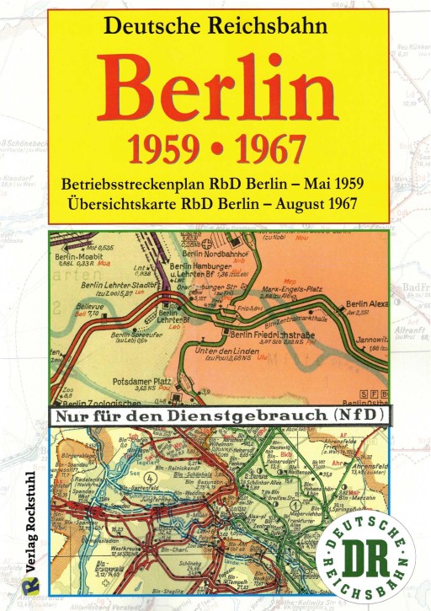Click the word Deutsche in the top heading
[x=151, y=25]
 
